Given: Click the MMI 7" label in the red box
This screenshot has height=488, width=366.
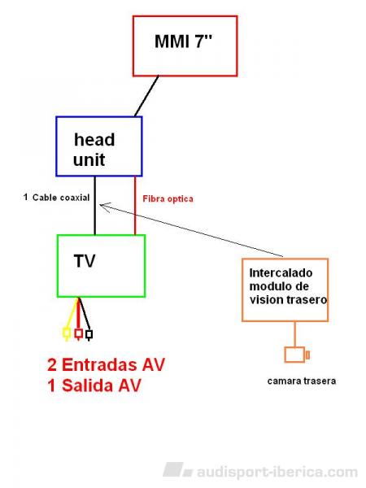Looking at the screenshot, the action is click(183, 41).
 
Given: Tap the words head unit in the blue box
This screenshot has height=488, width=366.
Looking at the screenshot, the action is click(94, 150).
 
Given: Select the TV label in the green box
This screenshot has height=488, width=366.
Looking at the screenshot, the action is click(85, 261).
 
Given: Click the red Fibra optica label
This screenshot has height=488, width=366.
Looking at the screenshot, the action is click(168, 199).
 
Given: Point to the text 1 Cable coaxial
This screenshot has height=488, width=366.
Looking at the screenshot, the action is click(56, 198).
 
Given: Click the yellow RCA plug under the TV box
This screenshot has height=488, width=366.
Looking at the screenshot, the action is click(67, 333).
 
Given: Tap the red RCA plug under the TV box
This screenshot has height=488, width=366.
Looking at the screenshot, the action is click(78, 333).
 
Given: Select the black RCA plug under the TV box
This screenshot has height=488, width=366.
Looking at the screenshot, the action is click(89, 334).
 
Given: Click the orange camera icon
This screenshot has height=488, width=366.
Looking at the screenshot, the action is click(297, 355).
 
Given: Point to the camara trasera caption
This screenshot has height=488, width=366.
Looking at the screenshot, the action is click(301, 381).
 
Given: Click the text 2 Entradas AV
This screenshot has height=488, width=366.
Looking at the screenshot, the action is click(106, 364).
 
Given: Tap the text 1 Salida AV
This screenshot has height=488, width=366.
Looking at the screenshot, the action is click(94, 386).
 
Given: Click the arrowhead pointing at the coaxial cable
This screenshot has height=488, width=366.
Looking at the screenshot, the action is click(105, 207).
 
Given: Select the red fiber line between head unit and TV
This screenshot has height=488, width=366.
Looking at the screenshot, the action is click(135, 206).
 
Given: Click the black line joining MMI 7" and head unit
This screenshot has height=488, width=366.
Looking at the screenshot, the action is click(146, 96).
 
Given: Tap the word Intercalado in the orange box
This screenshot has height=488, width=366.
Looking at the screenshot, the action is click(281, 273).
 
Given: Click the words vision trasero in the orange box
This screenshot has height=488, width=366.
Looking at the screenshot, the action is click(288, 299).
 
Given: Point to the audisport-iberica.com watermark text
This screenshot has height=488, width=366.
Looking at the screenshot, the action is click(277, 472).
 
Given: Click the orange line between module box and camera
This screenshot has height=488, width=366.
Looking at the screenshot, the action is click(294, 334).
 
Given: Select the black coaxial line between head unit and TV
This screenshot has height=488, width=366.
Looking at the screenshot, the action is click(95, 206).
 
